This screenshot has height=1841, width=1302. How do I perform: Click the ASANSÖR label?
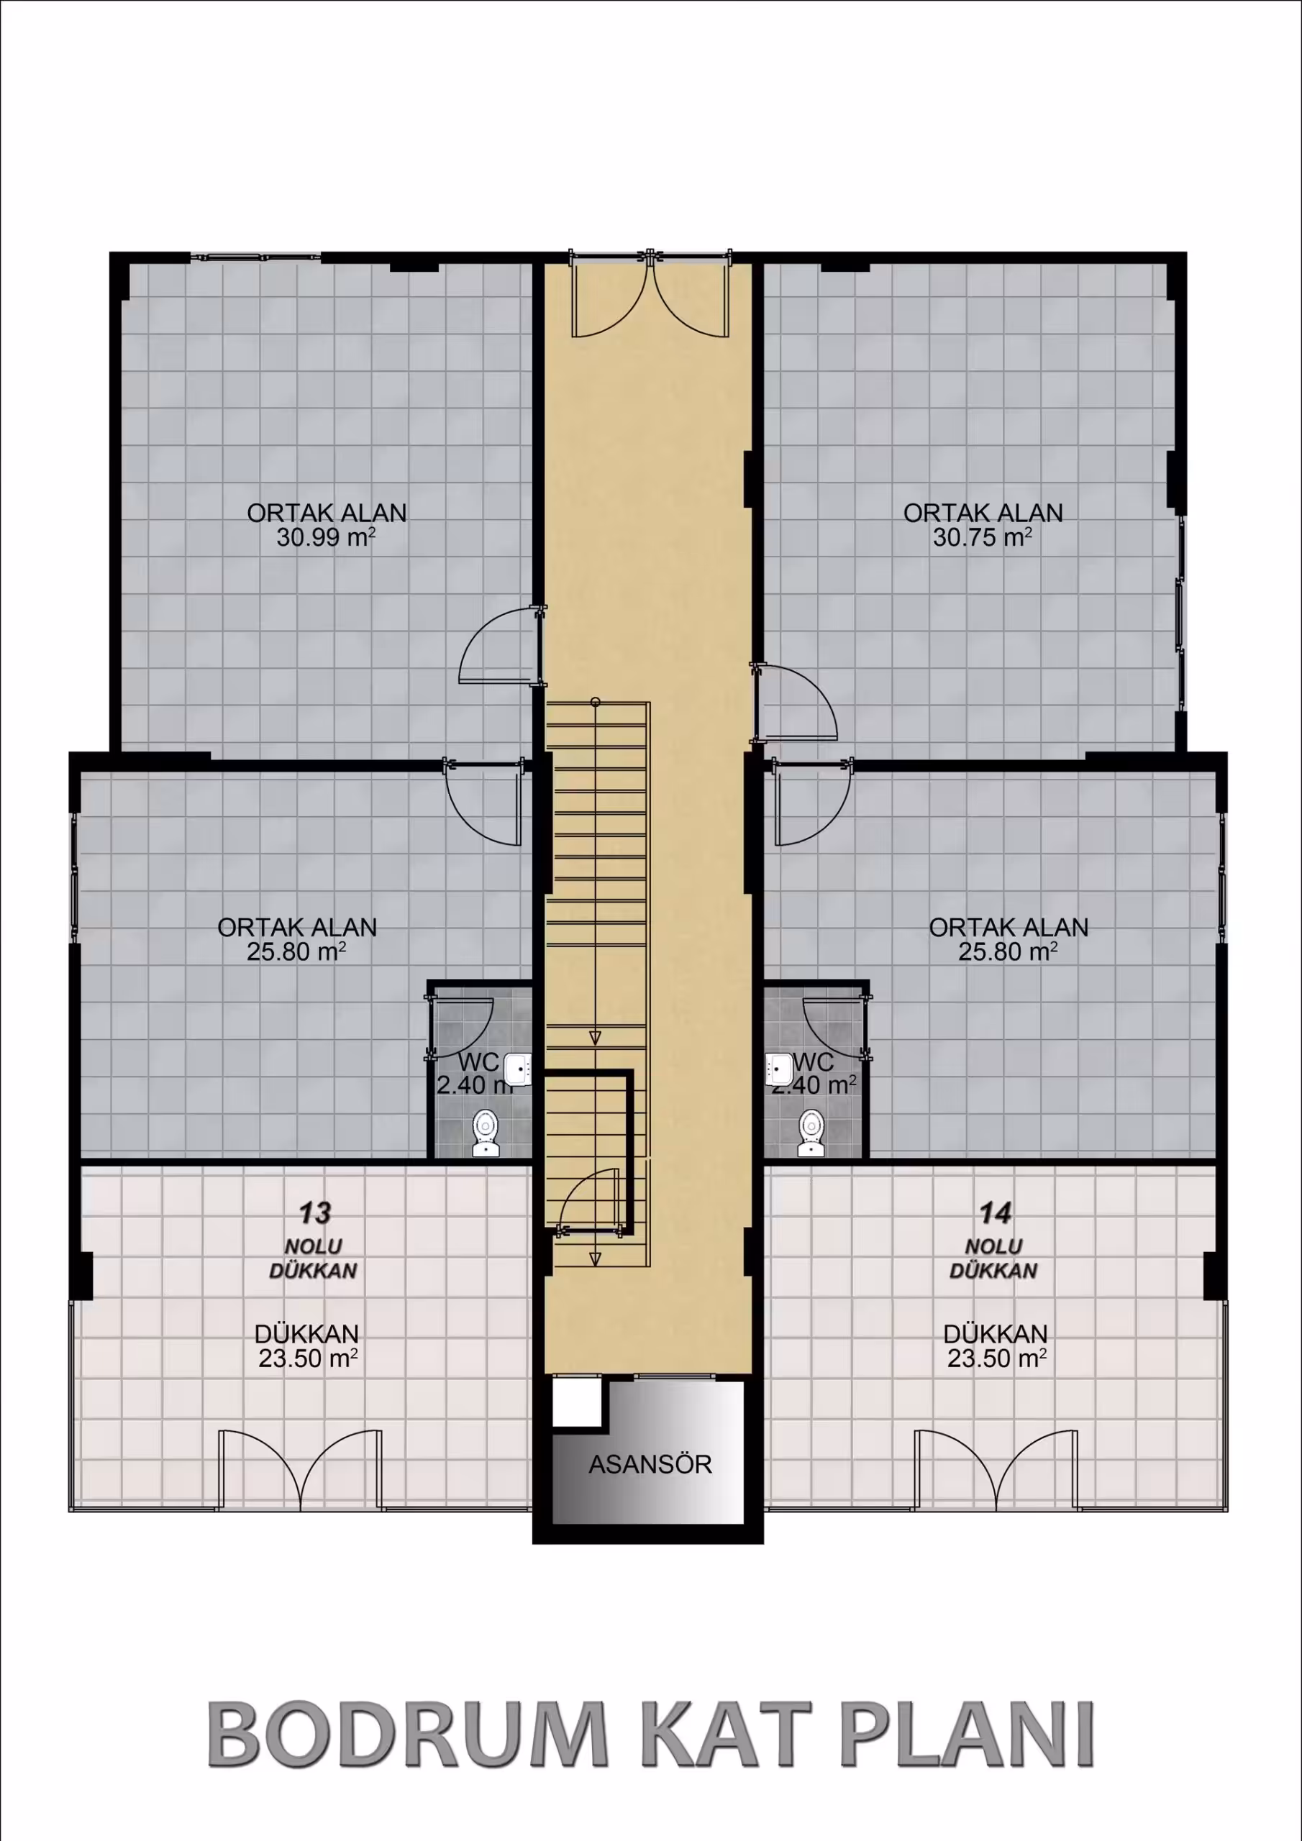[x=650, y=1464]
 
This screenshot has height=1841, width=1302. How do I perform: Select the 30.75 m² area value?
[x=983, y=537]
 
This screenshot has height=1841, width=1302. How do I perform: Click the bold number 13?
[x=315, y=1213]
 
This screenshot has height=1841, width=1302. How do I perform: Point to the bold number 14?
[x=996, y=1213]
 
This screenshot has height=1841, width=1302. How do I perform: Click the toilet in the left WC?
[x=486, y=1132]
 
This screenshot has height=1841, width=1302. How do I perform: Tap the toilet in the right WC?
[x=811, y=1132]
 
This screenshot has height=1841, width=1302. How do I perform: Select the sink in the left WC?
[x=517, y=1068]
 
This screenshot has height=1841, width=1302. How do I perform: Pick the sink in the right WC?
[x=779, y=1068]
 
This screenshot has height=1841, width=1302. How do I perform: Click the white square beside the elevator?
[x=577, y=1401]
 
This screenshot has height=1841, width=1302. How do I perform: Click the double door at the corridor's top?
[x=650, y=293]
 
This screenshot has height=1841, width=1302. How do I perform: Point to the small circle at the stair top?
[x=595, y=703]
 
